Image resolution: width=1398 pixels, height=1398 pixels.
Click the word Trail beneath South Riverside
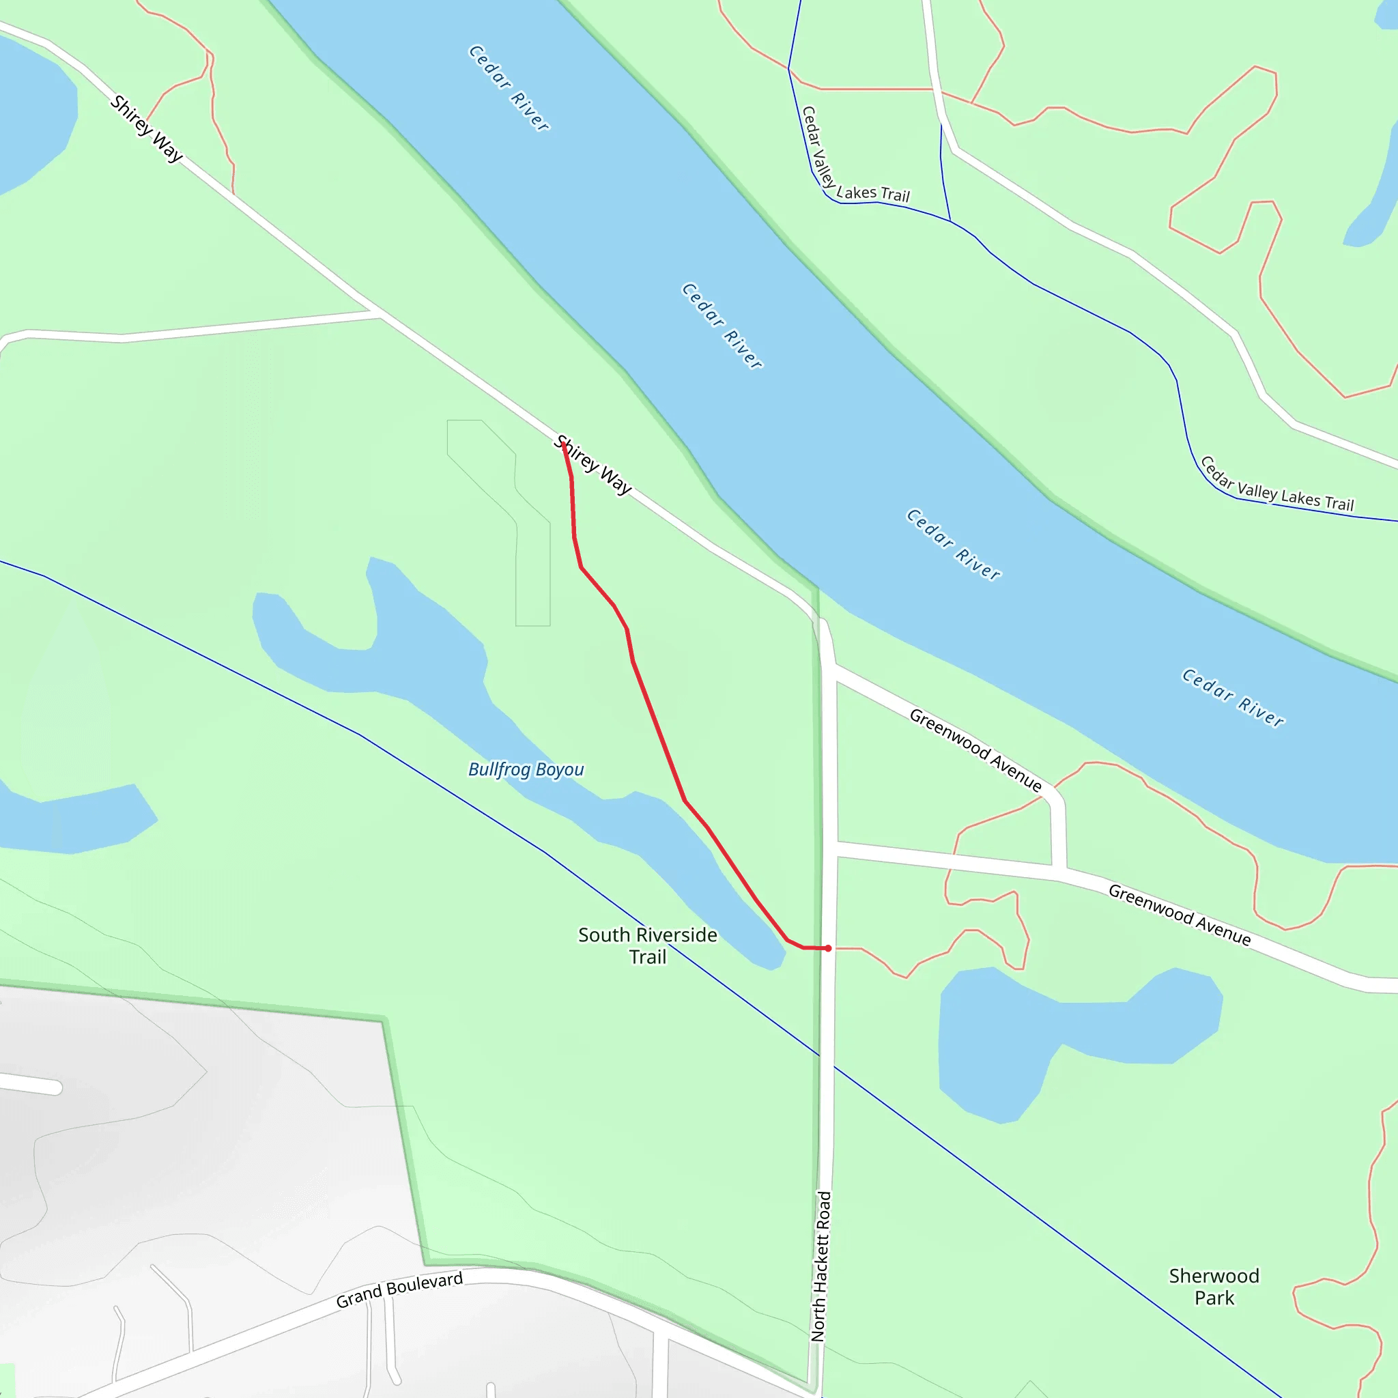point(647,957)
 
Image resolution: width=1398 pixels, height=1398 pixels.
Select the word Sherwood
point(1214,1276)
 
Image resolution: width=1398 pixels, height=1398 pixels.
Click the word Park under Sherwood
point(1214,1298)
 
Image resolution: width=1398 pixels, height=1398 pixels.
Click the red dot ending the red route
point(828,948)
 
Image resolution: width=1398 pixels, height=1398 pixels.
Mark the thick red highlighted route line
point(659,731)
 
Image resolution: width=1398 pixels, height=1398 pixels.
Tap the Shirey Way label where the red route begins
point(593,465)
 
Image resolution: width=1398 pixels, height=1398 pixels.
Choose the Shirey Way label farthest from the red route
point(146,129)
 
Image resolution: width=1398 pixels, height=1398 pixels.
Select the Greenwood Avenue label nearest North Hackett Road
point(975,750)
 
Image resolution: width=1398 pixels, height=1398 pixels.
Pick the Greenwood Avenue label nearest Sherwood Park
point(1180,915)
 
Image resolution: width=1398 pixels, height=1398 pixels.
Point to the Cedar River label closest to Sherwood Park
point(1232,698)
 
